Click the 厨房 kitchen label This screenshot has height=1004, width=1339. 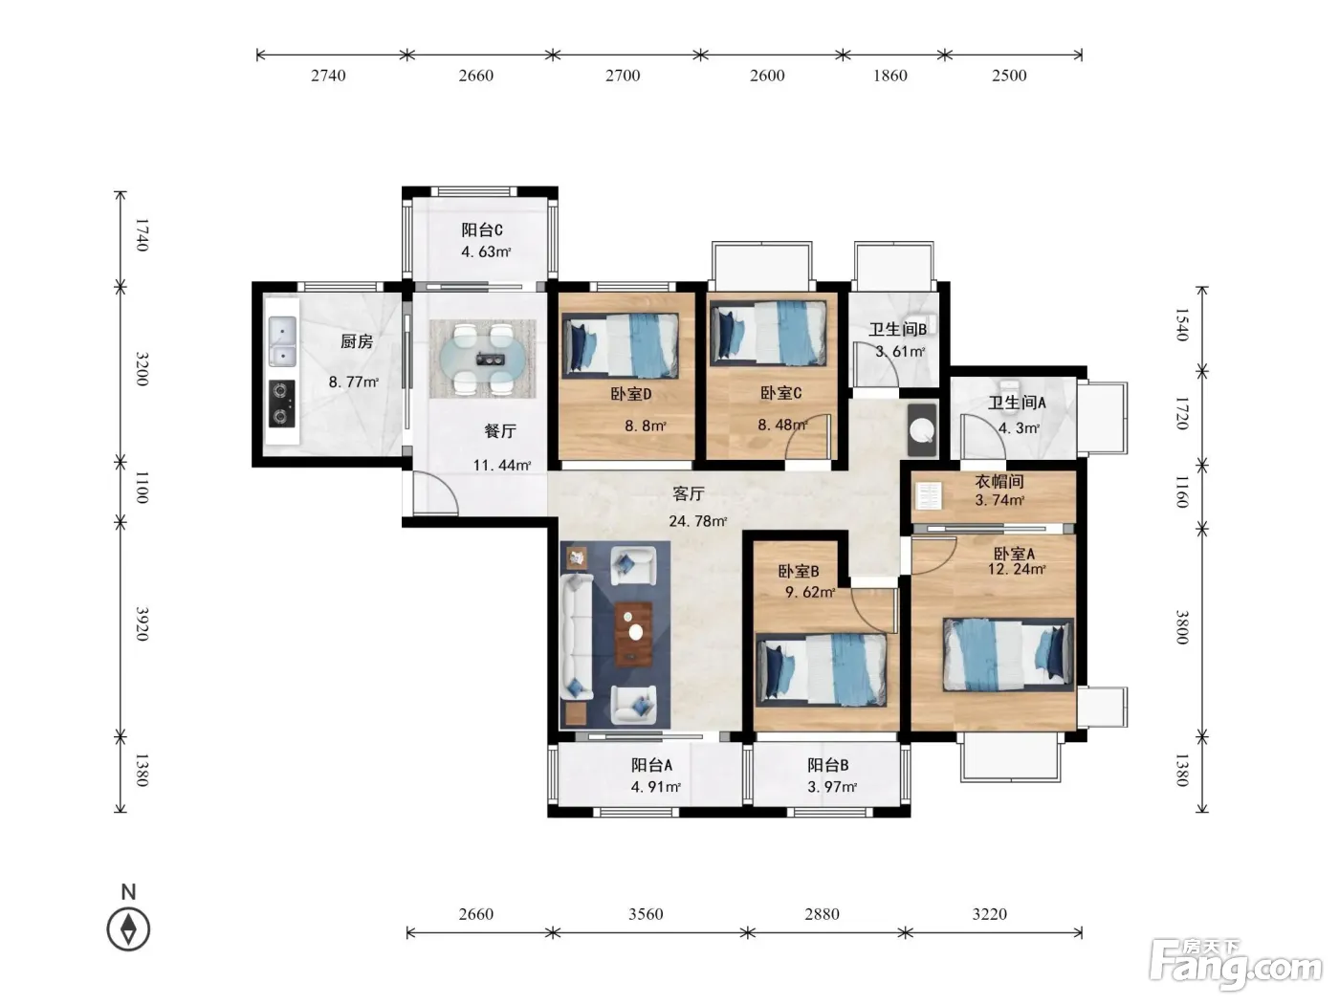tap(357, 341)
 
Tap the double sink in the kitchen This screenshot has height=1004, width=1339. tap(282, 340)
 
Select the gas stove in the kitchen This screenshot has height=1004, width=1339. tap(282, 404)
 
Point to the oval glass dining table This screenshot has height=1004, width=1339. tap(483, 359)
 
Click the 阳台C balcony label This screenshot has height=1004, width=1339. tap(482, 229)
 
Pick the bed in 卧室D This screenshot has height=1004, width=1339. tap(621, 345)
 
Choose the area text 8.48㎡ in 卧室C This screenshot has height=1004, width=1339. tap(782, 425)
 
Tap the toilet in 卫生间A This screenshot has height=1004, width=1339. tap(1009, 389)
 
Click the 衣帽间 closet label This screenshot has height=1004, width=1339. tap(999, 482)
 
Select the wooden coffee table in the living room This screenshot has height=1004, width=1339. tap(633, 634)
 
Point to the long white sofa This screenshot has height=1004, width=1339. tap(577, 636)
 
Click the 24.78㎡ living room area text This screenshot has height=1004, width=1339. tap(697, 521)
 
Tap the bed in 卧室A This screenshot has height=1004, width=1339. tap(1008, 655)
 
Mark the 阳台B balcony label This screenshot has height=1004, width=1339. tap(828, 765)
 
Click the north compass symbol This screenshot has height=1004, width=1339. tap(128, 929)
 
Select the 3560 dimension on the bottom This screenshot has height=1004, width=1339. tap(646, 914)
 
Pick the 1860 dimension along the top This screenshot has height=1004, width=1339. tap(890, 76)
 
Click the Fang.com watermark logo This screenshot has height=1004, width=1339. tap(1236, 966)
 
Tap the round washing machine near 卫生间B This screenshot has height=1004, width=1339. tap(922, 430)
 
